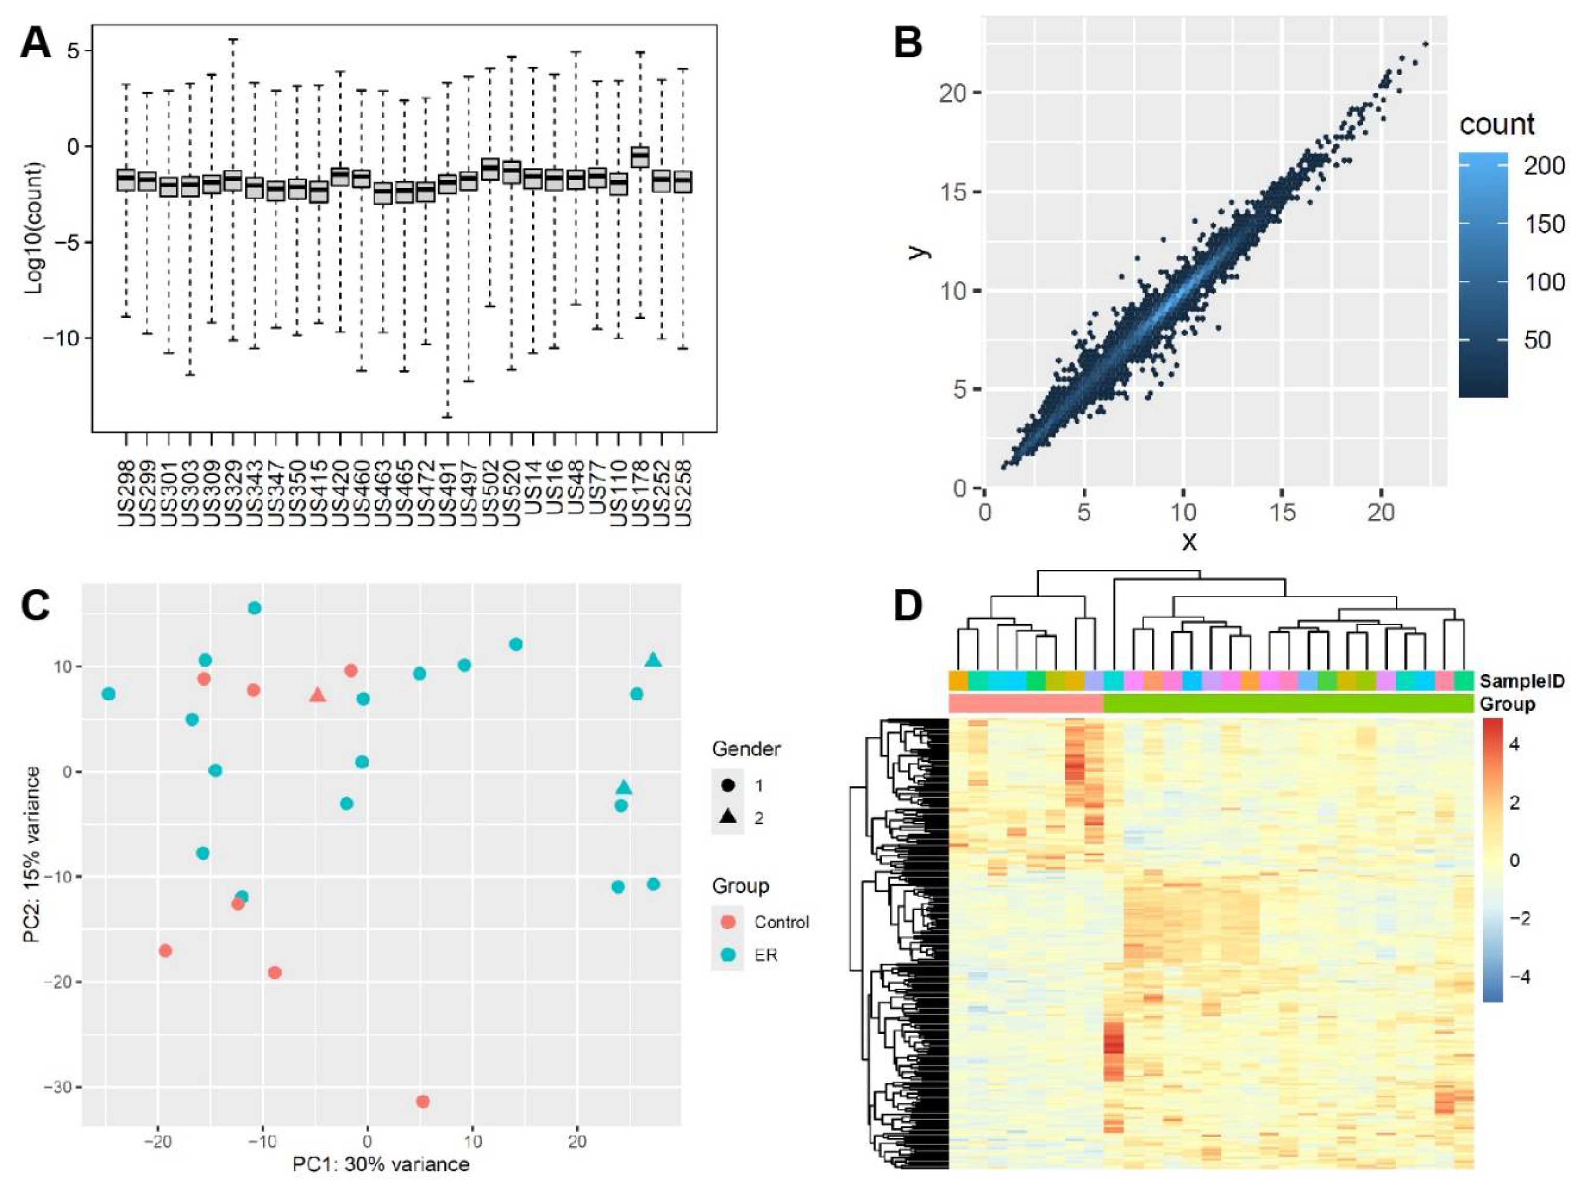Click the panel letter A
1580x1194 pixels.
tap(36, 43)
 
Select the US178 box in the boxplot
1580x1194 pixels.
tap(640, 156)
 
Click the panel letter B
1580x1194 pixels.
tap(909, 43)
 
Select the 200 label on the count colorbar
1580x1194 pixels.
tap(1544, 166)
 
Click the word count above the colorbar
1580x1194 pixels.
tap(1497, 125)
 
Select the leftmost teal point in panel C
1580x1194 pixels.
tap(108, 694)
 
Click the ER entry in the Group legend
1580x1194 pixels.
tap(765, 955)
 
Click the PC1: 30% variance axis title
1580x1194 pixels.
tap(381, 1165)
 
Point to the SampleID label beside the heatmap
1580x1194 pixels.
tap(1521, 681)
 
